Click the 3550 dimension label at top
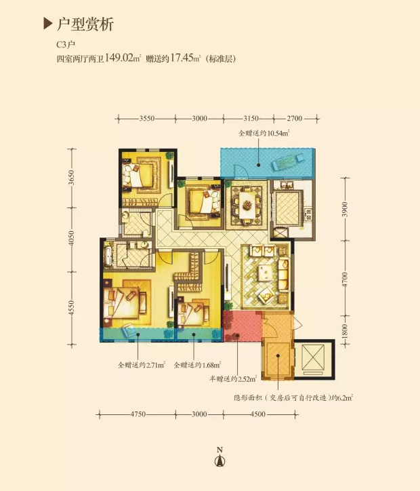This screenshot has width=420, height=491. (147, 119)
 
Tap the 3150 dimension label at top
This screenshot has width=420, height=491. (251, 119)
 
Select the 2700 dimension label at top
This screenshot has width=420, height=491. (295, 119)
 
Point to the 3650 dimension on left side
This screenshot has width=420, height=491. (72, 178)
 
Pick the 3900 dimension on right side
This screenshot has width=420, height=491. (345, 209)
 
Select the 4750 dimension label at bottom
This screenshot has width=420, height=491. (138, 414)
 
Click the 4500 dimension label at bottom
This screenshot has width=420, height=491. (258, 414)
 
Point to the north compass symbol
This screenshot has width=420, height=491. (220, 457)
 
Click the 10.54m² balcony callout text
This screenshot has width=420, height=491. (264, 134)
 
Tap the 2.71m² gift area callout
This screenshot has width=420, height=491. (142, 365)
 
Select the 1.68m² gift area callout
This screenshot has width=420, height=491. (197, 365)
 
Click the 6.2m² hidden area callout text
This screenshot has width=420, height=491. (293, 398)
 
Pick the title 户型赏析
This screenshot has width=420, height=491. (85, 24)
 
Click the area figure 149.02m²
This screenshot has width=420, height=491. (123, 58)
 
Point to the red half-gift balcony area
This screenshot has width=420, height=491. (243, 327)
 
